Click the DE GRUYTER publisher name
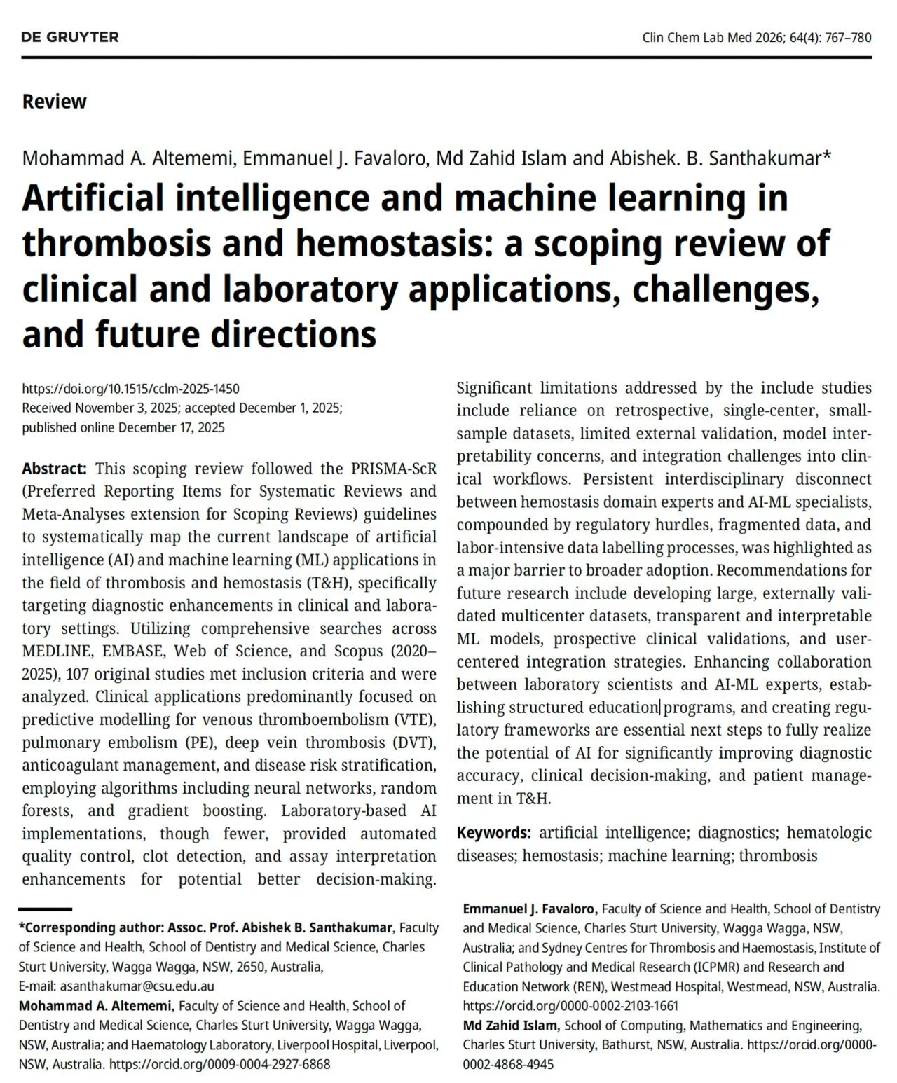point(70,37)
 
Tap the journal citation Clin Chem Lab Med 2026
point(714,38)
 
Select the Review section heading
point(54,102)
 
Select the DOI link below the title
point(130,389)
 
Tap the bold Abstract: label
point(54,469)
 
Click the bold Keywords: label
point(493,833)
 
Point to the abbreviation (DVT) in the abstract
point(413,743)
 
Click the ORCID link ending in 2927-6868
point(220,1064)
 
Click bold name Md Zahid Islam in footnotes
point(509,1026)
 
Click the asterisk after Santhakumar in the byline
point(827,156)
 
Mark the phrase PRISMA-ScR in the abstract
point(397,469)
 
